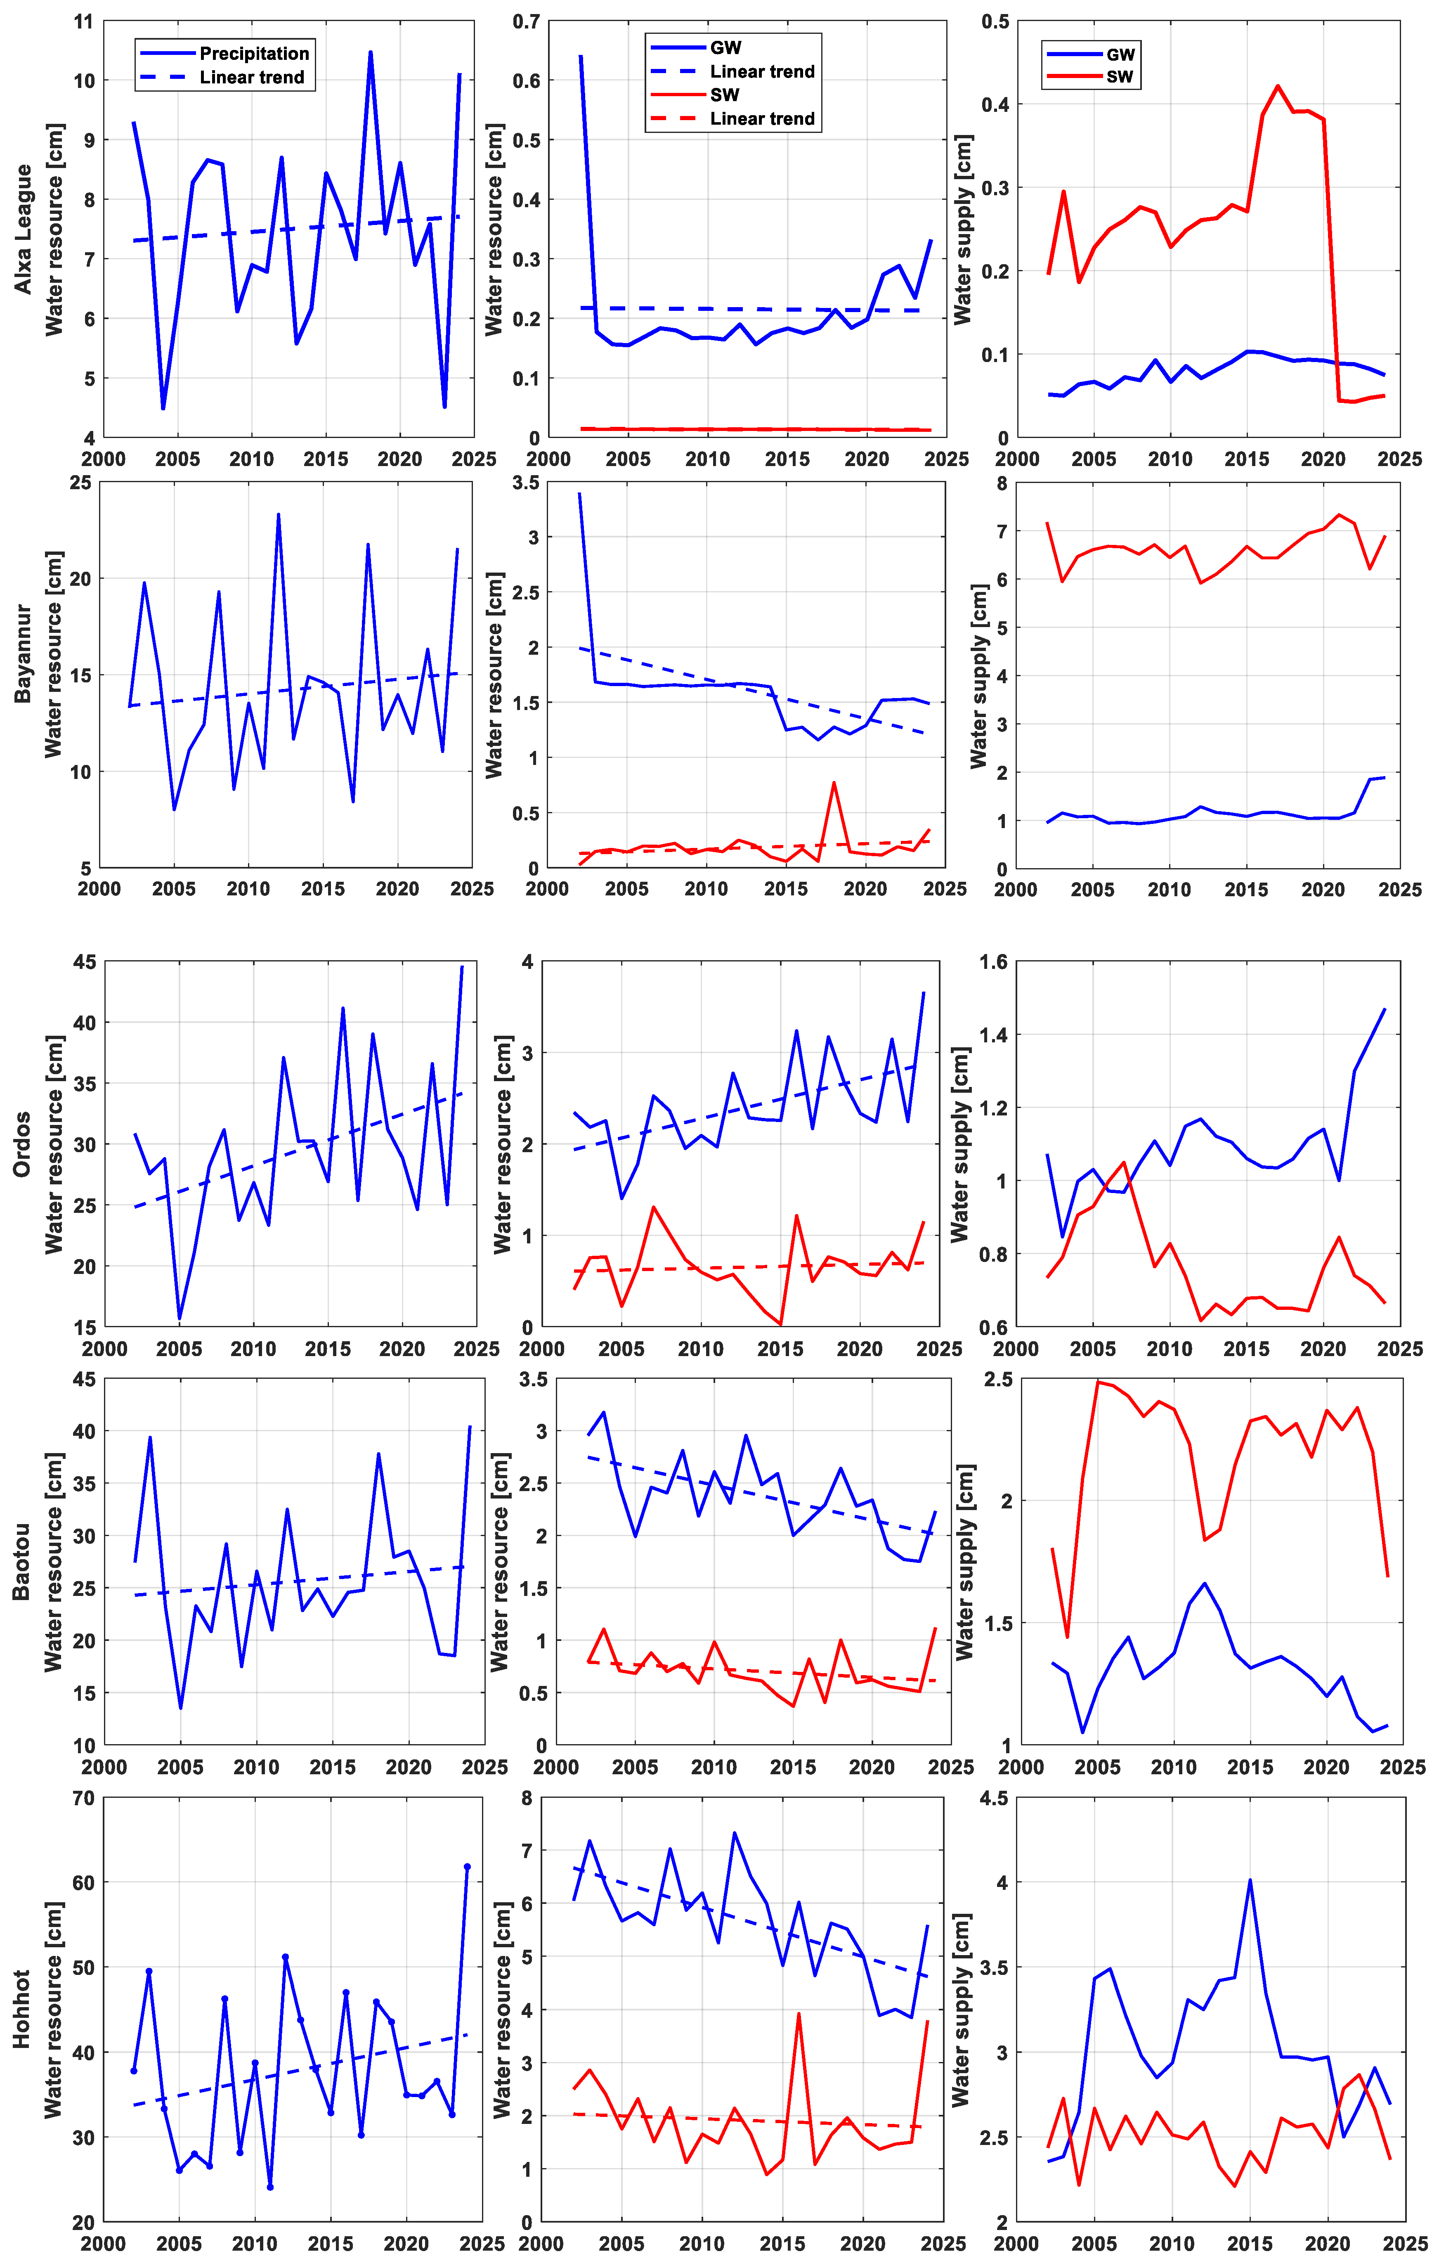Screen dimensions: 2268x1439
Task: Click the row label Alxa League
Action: [x=23, y=229]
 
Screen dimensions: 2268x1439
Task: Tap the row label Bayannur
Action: [x=23, y=653]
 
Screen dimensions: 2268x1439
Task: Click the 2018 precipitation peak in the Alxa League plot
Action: [x=370, y=53]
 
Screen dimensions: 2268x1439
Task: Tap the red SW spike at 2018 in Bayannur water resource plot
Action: [x=834, y=783]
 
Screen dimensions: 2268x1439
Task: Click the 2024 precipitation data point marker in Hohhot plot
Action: [x=467, y=1867]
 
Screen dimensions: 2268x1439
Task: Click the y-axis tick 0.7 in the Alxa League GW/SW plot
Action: [x=527, y=21]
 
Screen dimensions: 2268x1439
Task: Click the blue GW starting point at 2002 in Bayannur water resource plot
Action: [x=579, y=494]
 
